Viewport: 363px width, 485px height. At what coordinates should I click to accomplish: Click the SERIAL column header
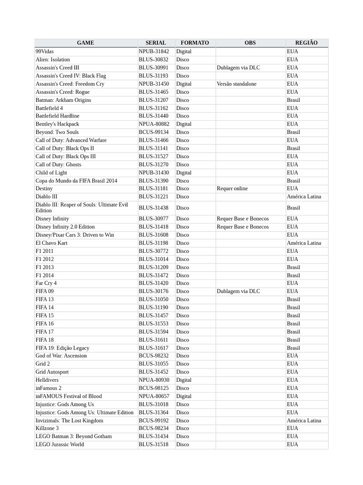156,43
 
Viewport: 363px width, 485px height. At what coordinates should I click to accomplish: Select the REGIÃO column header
306,43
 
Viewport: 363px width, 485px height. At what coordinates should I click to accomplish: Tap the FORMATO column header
195,43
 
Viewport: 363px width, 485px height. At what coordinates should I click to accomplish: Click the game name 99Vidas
44,51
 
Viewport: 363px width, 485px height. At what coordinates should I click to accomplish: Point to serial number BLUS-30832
153,60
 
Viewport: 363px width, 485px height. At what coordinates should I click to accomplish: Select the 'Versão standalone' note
236,84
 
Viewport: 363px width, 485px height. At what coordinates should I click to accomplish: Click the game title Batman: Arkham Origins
63,100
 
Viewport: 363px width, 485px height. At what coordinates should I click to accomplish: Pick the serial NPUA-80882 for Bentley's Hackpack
154,124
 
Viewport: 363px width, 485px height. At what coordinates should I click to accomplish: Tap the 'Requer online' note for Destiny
232,189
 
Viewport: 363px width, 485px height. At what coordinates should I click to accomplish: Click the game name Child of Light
51,173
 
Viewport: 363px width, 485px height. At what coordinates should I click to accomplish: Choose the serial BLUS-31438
153,208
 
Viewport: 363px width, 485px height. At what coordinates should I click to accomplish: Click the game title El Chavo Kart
52,243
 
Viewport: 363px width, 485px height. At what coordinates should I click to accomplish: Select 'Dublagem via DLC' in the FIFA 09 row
238,291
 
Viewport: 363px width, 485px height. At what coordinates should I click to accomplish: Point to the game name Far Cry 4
46,283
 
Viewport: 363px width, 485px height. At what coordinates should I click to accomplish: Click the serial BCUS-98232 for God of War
153,356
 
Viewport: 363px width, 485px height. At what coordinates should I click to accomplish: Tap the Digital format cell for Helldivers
184,380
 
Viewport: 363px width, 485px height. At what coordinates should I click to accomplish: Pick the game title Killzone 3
47,428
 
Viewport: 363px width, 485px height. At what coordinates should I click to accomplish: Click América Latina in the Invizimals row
303,421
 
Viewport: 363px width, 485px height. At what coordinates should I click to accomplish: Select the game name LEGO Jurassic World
60,444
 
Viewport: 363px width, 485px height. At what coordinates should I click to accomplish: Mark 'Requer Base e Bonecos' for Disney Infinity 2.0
242,227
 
